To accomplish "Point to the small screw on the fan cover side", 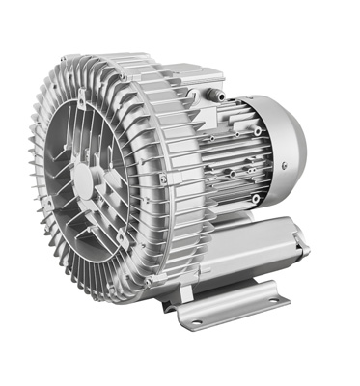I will (258, 130).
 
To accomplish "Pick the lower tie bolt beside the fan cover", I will (255, 199).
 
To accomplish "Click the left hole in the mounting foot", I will (197, 319).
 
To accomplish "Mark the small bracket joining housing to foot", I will (174, 289).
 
